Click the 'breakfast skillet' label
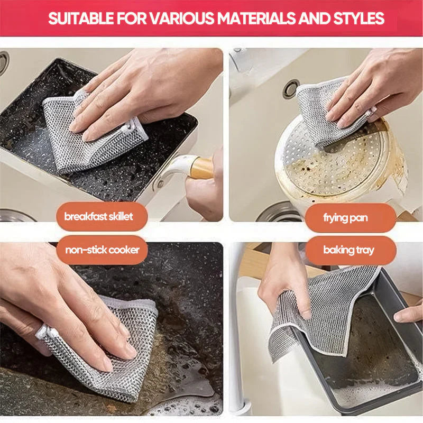[x=99, y=216]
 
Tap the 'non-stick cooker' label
[x=102, y=250]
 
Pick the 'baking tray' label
[x=347, y=250]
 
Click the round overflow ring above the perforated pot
[x=291, y=89]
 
